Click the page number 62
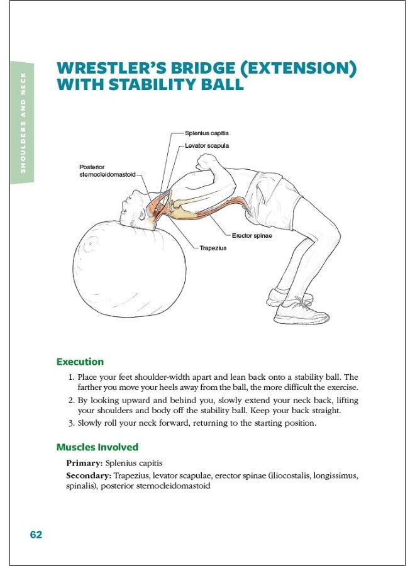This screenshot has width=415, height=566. [36, 535]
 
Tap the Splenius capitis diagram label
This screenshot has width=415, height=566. [206, 133]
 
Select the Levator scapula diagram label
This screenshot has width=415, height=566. [207, 146]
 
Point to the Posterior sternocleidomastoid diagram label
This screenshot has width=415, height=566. [107, 170]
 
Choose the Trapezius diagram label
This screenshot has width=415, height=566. [213, 248]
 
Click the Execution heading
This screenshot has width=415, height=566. [80, 362]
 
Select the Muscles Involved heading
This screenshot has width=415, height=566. [97, 447]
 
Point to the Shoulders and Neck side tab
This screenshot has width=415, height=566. [23, 123]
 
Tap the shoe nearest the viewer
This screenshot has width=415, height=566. [302, 312]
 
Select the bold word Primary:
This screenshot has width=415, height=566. [85, 462]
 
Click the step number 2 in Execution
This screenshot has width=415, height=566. [71, 400]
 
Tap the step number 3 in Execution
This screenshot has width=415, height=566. [71, 423]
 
